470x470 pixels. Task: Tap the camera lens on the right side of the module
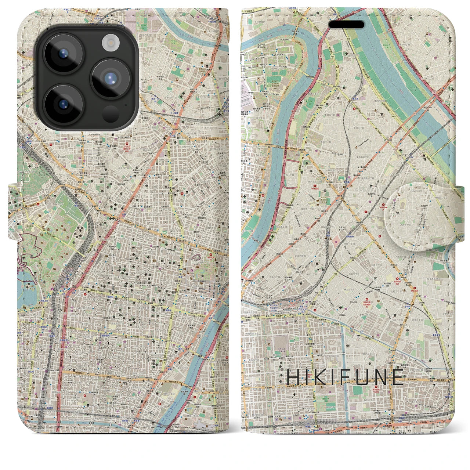click(x=110, y=78)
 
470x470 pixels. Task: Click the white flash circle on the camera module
click(x=109, y=43)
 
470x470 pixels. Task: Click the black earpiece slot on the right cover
click(x=346, y=25)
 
